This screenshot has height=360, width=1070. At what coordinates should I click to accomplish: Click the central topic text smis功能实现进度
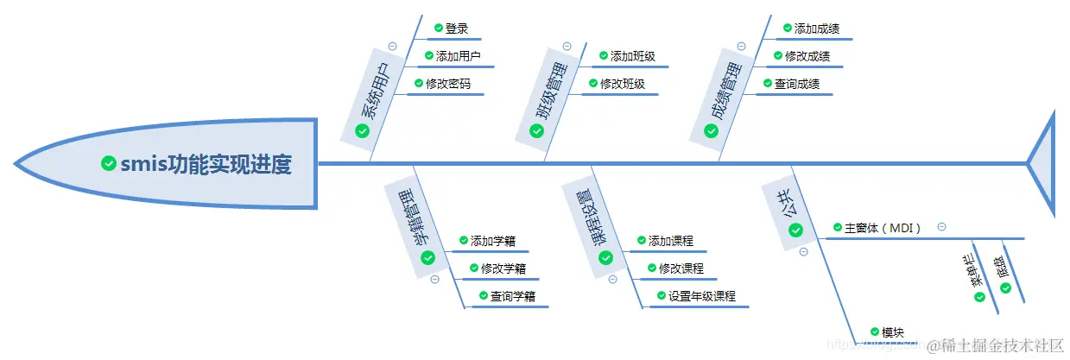point(206,163)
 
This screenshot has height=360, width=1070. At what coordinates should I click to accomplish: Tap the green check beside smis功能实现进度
point(109,163)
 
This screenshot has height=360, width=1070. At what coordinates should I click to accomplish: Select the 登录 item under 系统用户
point(457,28)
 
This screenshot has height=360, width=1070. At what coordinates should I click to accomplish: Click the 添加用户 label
point(458,56)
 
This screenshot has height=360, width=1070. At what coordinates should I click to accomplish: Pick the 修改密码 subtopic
point(448,84)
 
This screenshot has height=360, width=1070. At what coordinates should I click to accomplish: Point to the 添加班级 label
point(632,56)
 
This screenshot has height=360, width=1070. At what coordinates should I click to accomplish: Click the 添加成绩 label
point(816,28)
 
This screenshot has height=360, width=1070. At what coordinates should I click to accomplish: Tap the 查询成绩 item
point(797,84)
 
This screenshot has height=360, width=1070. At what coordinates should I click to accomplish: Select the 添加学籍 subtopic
point(493,241)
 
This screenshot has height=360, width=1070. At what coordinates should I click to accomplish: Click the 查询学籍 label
point(513,296)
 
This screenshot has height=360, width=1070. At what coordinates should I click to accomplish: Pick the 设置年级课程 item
point(701,296)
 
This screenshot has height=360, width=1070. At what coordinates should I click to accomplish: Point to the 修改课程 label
point(681,268)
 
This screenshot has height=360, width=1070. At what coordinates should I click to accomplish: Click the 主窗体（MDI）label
point(883,228)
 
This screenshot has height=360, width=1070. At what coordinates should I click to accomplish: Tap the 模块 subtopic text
point(892,332)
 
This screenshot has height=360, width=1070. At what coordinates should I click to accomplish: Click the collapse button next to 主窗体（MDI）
point(941,227)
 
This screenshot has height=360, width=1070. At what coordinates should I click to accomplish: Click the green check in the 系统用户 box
point(363,130)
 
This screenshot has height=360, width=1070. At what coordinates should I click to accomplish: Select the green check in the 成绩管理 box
point(711,130)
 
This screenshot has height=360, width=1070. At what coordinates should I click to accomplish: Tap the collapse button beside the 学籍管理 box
point(434,279)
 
